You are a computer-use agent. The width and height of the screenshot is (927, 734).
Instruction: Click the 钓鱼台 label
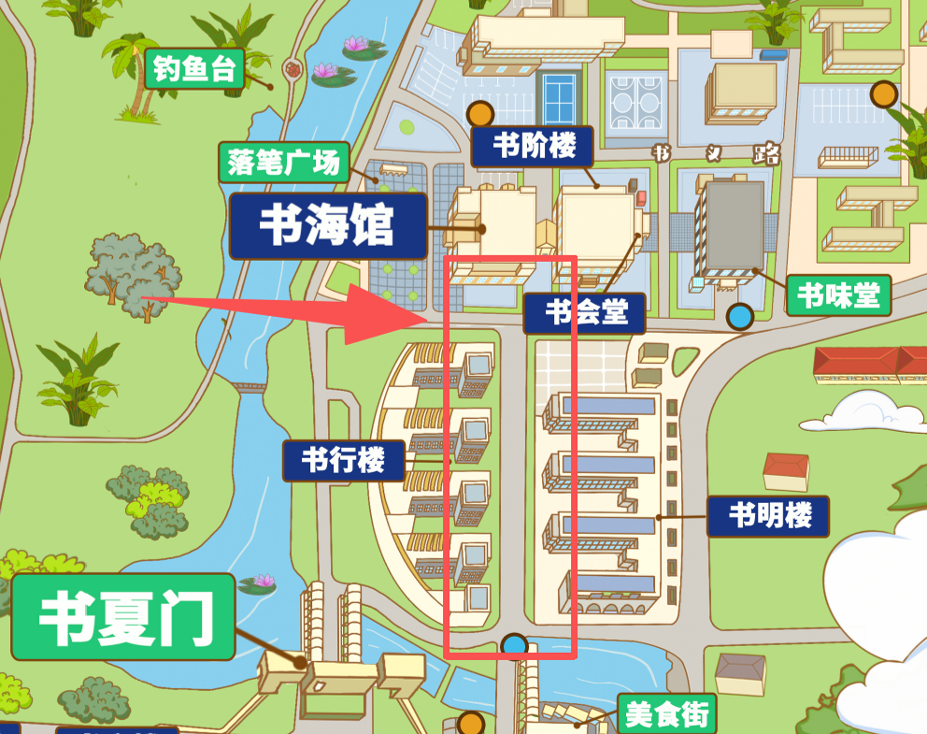click(194, 69)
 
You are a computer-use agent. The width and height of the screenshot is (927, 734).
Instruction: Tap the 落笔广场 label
click(283, 163)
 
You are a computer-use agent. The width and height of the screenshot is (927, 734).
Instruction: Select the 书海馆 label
click(328, 226)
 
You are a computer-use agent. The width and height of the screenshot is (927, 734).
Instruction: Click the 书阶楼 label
click(532, 146)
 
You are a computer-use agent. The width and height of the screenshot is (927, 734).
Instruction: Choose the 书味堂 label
click(837, 295)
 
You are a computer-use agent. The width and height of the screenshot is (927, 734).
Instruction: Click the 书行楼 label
click(344, 460)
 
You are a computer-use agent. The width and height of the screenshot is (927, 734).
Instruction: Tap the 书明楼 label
click(768, 515)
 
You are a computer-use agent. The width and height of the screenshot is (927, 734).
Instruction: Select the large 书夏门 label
click(123, 617)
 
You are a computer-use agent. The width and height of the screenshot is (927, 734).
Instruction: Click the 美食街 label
click(667, 714)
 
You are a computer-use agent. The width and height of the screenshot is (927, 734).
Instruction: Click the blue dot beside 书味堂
click(740, 317)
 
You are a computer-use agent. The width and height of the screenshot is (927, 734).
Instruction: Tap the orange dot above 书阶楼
click(480, 114)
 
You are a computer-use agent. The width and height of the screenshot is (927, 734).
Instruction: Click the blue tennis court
click(559, 97)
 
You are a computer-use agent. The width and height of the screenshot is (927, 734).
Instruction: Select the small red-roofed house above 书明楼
click(786, 471)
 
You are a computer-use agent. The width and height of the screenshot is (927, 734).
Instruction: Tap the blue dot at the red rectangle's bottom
click(514, 645)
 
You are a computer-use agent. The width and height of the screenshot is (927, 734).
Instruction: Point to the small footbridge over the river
click(249, 386)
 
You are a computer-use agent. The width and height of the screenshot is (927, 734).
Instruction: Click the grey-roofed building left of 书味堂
click(734, 228)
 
